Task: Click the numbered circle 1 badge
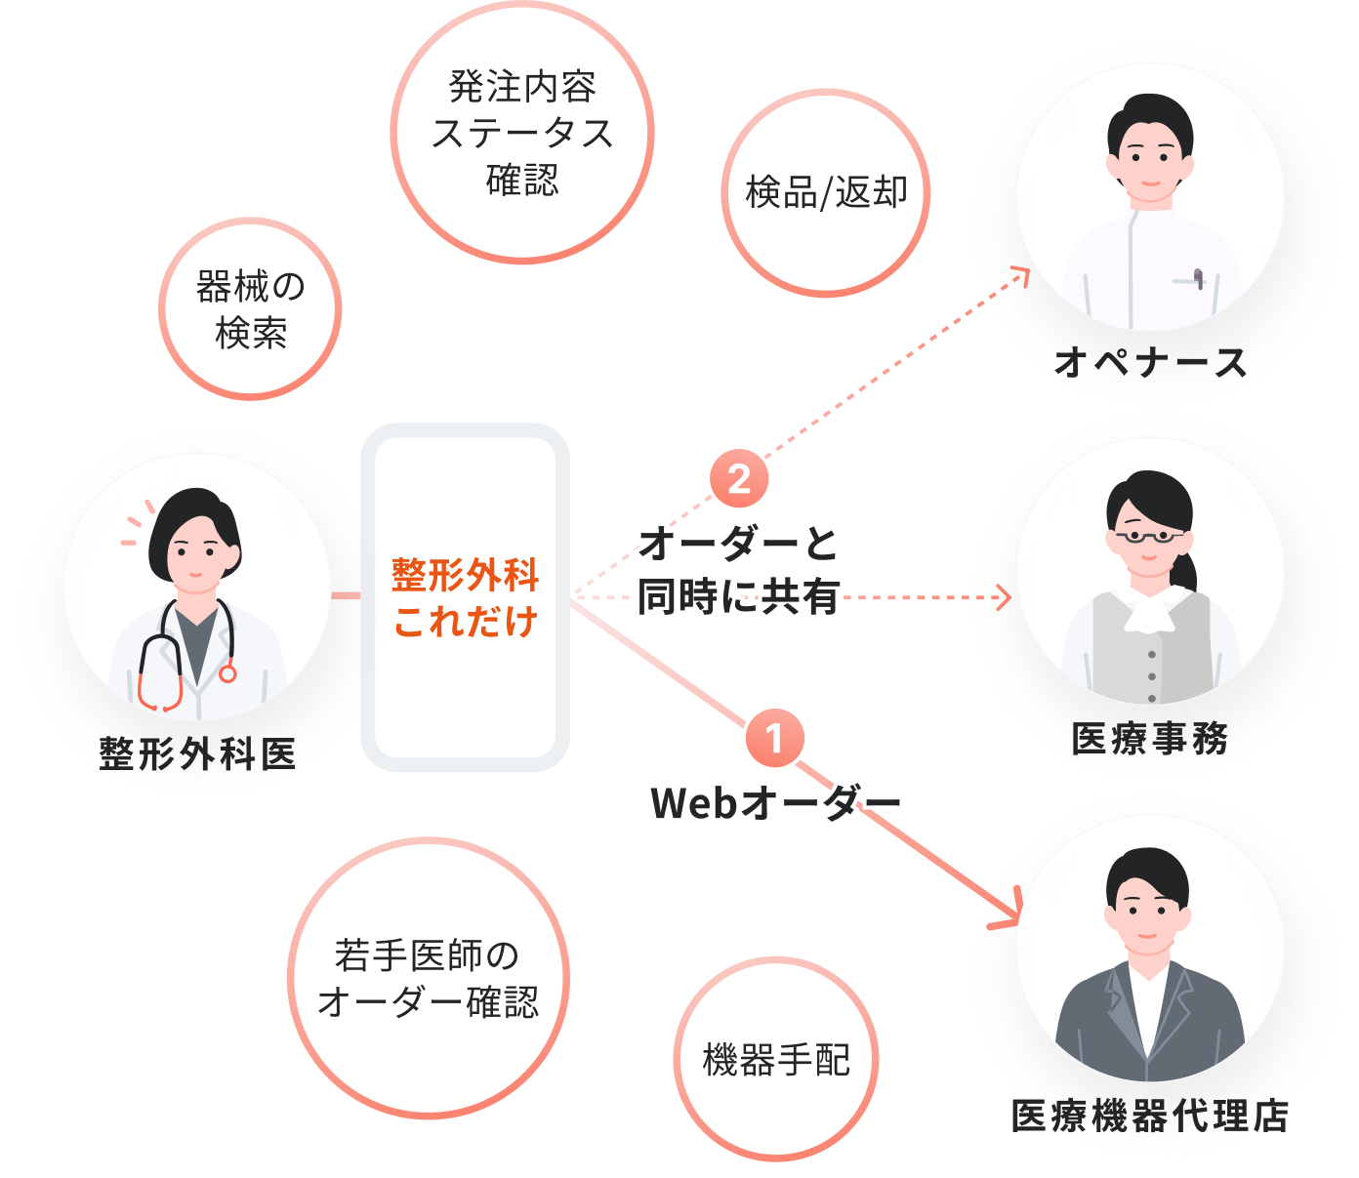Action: click(775, 739)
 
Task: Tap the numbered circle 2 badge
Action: click(739, 478)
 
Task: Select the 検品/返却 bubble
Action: click(826, 192)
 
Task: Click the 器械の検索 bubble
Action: click(250, 308)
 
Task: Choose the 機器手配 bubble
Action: click(776, 1059)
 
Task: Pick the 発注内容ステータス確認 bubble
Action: click(522, 133)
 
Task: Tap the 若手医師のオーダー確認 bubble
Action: click(428, 978)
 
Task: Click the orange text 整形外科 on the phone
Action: click(465, 575)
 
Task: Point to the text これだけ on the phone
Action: click(465, 622)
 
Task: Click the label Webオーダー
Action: click(775, 803)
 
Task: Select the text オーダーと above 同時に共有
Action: click(738, 544)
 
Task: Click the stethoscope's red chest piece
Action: click(227, 673)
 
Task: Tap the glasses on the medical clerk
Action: click(1148, 536)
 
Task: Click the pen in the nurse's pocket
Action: click(1198, 279)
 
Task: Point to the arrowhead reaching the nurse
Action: click(1021, 274)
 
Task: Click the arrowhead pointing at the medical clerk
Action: click(1004, 596)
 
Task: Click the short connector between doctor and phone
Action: click(346, 595)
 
